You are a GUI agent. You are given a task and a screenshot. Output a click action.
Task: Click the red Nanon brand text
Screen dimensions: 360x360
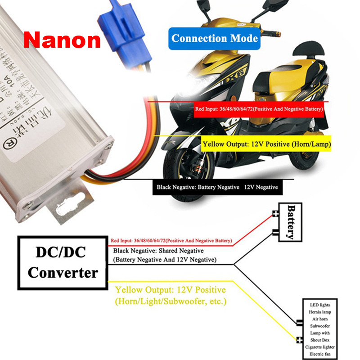(x=62, y=40)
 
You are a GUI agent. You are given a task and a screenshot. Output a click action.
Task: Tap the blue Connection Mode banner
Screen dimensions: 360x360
(x=215, y=39)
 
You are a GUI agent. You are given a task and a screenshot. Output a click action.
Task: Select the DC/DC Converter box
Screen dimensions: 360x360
(x=63, y=262)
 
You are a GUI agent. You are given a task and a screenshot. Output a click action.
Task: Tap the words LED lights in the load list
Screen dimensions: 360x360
(x=319, y=305)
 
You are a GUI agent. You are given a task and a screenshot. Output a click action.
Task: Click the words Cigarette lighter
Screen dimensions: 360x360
(x=319, y=347)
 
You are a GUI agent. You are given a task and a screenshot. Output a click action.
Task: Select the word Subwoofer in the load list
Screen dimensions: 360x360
(x=319, y=326)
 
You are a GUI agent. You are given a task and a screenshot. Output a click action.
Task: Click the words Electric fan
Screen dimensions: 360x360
(x=319, y=354)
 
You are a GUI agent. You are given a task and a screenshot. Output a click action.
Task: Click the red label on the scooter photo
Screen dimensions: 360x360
(x=259, y=109)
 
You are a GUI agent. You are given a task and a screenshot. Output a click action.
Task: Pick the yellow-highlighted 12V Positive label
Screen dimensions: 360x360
(x=266, y=145)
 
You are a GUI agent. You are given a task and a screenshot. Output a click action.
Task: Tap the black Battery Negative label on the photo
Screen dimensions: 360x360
(x=217, y=187)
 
